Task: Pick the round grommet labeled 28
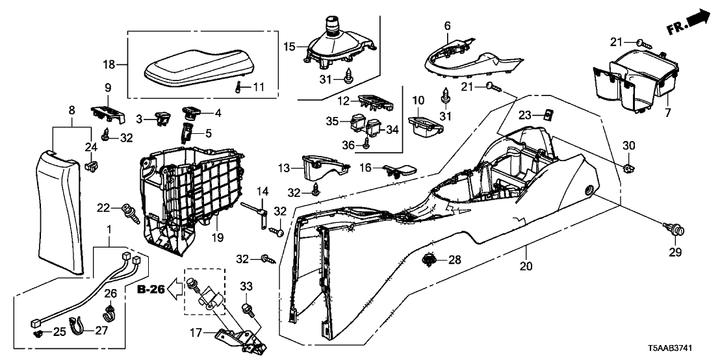[x=428, y=261]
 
